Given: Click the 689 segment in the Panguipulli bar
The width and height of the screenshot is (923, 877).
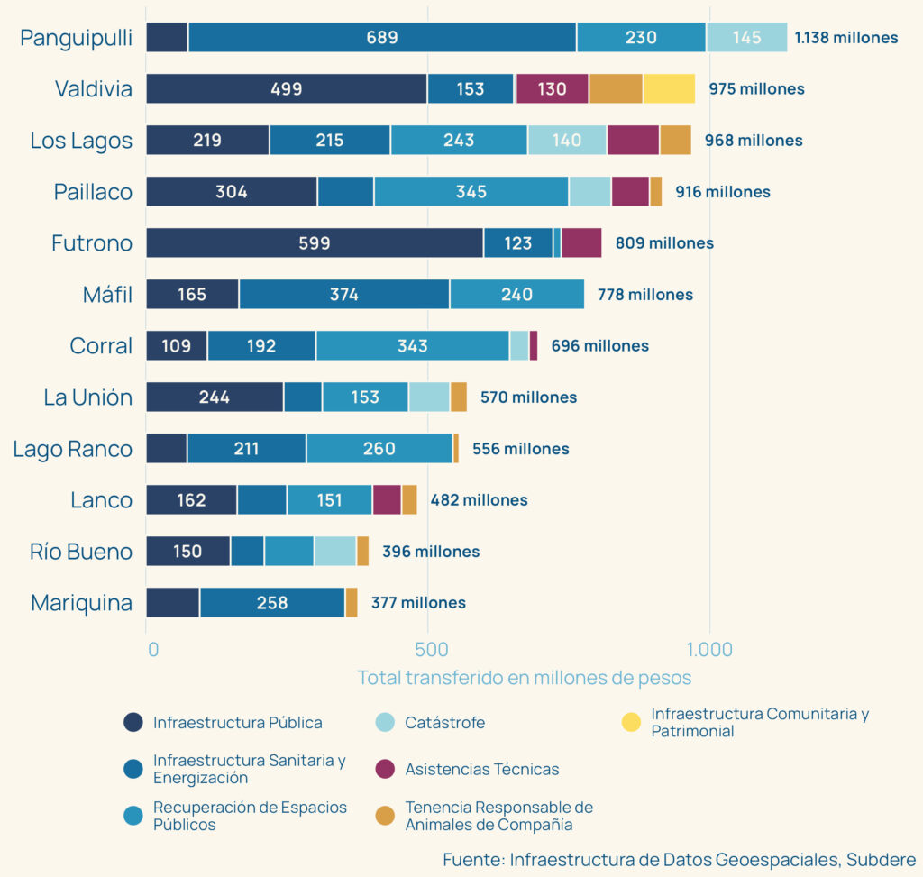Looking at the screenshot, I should point(382,38).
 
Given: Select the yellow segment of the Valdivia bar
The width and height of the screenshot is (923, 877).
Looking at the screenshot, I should point(669,89).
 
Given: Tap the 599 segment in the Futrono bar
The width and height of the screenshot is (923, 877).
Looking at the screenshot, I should point(315,243).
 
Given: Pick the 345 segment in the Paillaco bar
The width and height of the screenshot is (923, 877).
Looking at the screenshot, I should point(471,192).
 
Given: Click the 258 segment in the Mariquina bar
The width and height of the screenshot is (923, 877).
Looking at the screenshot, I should point(271,603).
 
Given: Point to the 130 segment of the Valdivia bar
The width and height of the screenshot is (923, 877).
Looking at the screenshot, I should point(552,89).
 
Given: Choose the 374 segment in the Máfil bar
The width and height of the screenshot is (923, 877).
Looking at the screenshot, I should point(344,295).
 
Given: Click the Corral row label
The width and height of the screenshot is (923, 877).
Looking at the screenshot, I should point(101,346).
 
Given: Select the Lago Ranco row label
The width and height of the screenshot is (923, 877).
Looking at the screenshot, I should point(72,449).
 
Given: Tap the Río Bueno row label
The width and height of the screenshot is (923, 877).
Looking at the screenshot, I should point(81,552).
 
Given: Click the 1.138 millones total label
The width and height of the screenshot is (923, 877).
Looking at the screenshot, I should point(845,38).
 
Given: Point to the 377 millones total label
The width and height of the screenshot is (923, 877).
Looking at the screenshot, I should point(418,603).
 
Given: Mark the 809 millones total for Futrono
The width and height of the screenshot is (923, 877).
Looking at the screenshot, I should point(664,243).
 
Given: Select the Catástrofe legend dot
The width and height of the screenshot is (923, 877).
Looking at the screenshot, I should point(384,722).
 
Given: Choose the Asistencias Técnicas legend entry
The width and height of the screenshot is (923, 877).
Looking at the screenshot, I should point(481,769).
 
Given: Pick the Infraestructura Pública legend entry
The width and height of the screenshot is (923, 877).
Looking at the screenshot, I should point(237,722).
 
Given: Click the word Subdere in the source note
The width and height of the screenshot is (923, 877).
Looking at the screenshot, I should point(880,859).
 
